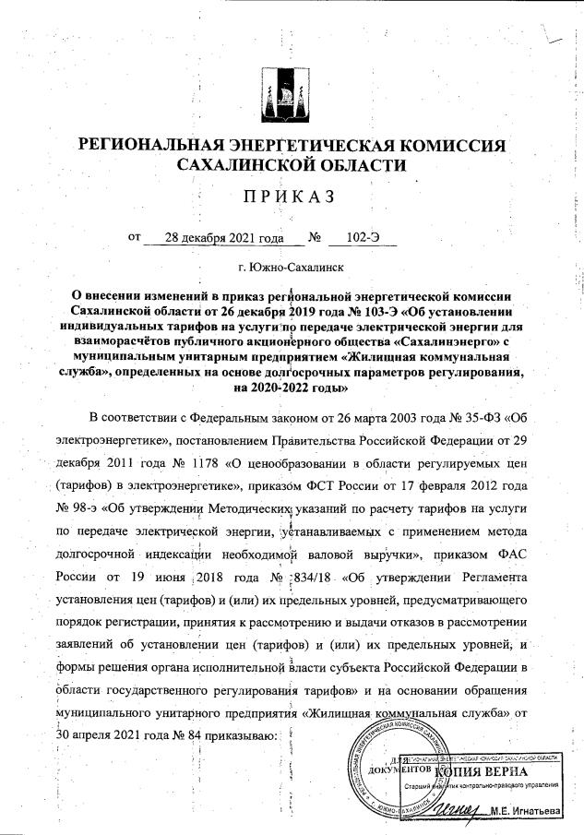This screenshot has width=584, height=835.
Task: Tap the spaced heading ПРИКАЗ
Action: point(291,197)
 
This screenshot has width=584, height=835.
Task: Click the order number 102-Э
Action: point(363,237)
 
